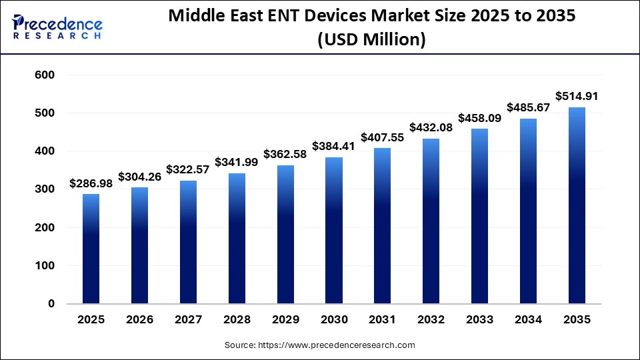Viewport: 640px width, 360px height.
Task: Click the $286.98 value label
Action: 91,183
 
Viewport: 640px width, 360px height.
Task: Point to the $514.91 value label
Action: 577,97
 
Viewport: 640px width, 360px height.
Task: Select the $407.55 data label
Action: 382,137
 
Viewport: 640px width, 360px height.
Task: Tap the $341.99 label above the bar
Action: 237,163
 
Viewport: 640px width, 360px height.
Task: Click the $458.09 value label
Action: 479,118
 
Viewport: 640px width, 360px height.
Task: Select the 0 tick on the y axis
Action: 51,304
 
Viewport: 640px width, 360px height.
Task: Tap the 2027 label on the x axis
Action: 188,320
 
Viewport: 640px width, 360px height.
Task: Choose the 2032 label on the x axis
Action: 431,320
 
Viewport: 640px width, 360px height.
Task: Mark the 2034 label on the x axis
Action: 528,320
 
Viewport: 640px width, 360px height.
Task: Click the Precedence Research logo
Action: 57,27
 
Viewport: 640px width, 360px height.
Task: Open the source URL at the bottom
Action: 320,345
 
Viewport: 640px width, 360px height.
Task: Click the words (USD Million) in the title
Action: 372,39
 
